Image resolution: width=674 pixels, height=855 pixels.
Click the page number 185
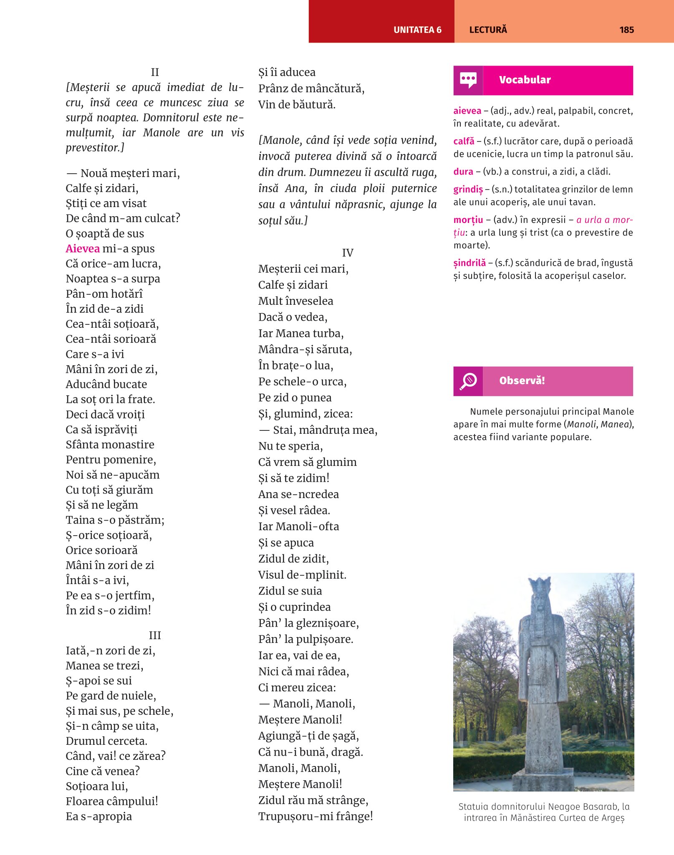(x=626, y=30)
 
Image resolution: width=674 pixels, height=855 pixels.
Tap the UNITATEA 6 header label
(x=417, y=30)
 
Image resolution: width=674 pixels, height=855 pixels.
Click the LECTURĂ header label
(x=488, y=30)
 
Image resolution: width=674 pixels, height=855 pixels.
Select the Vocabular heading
(x=525, y=80)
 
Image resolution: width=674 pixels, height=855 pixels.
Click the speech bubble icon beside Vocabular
(x=468, y=80)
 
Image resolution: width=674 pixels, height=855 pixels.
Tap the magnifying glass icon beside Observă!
(x=468, y=381)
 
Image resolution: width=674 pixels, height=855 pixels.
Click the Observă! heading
(x=522, y=381)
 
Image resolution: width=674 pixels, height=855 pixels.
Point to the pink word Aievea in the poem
(x=83, y=248)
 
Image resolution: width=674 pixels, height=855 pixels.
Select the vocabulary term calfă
(x=464, y=141)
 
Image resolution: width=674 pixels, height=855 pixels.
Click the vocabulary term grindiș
(x=468, y=190)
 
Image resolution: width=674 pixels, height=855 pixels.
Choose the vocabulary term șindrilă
(x=470, y=263)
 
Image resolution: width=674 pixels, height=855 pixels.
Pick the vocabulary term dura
(x=463, y=172)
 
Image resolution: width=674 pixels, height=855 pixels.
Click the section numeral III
(x=155, y=635)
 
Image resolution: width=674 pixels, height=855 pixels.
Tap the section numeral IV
(x=348, y=253)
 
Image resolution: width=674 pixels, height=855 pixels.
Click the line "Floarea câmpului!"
(x=112, y=801)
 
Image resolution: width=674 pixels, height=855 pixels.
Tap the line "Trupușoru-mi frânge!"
(x=316, y=816)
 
